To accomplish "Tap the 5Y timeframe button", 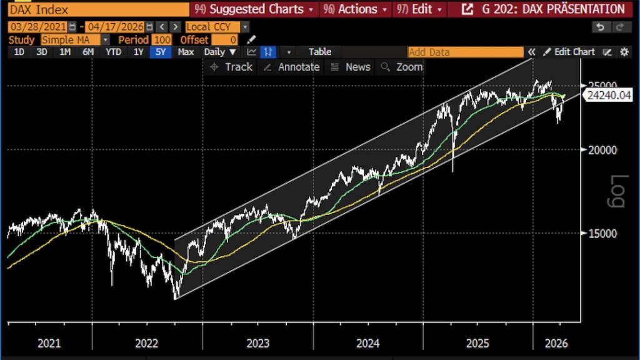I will tap(161, 52).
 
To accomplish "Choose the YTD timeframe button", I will tap(113, 52).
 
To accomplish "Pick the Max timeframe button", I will tap(186, 52).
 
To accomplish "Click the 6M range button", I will tap(88, 52).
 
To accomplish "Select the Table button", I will tap(320, 52).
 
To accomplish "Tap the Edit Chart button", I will tap(569, 52).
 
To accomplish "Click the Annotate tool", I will tap(292, 67).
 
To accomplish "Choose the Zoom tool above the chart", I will tap(402, 67).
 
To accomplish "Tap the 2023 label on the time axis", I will tap(258, 343).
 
